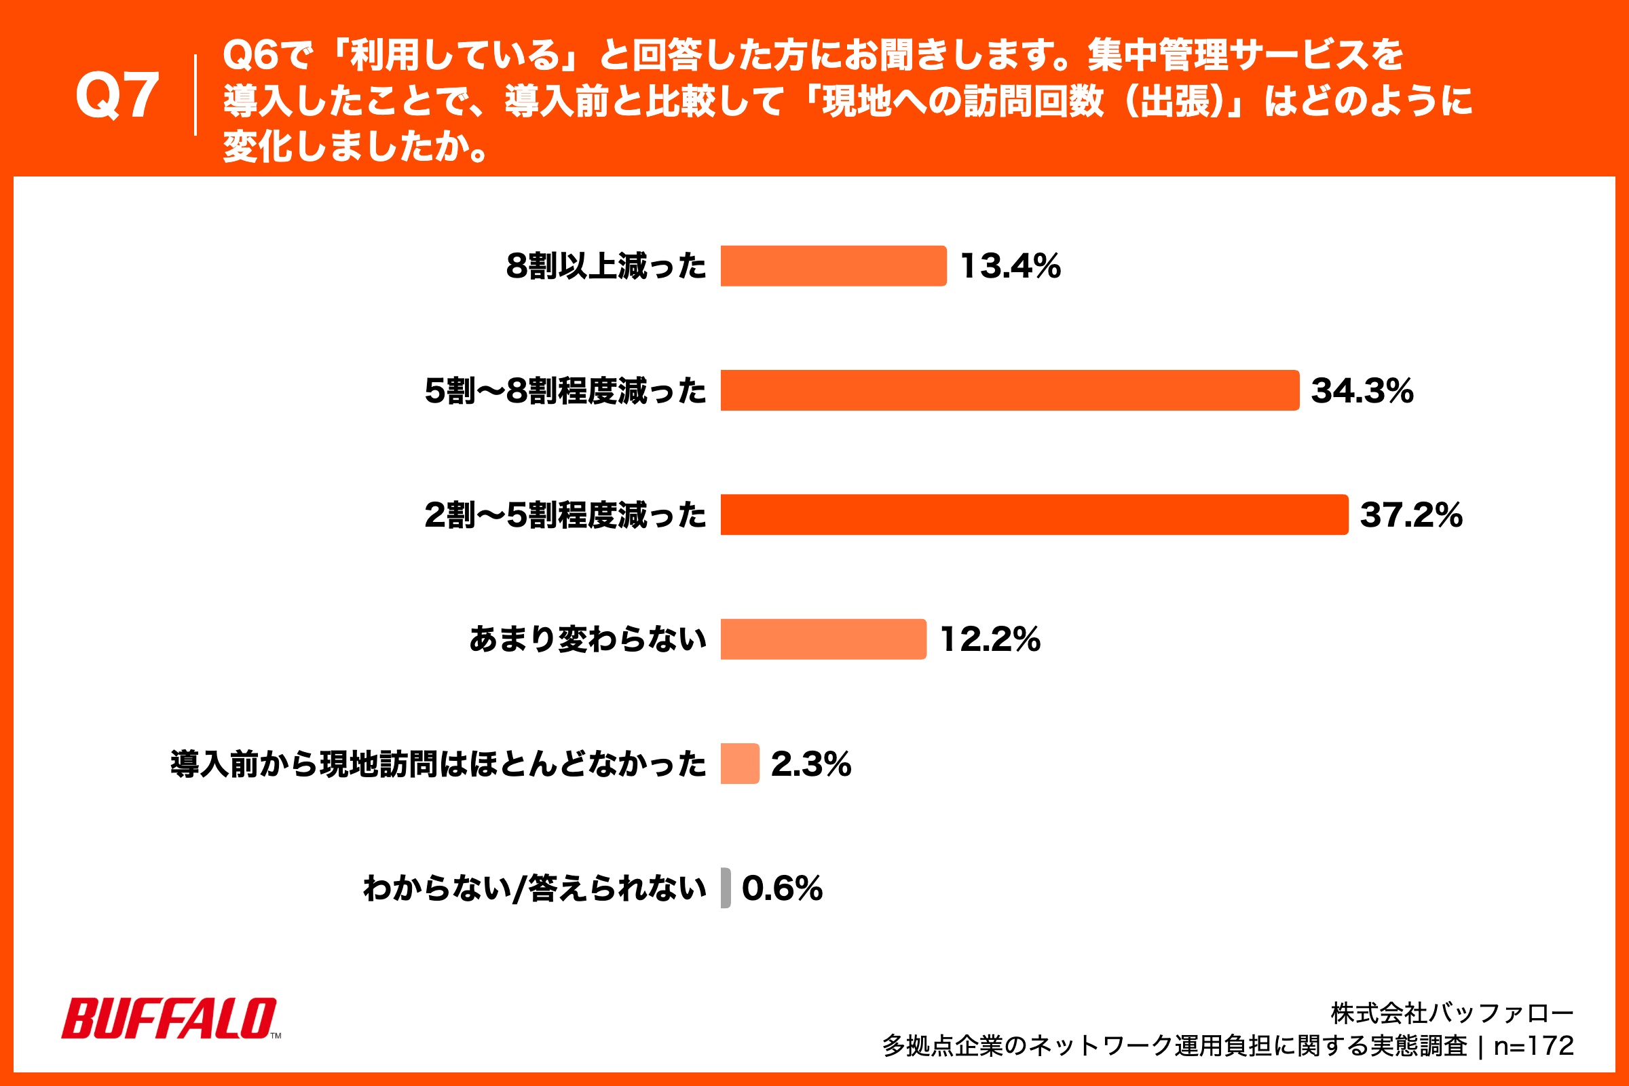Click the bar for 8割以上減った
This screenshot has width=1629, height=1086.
coord(834,266)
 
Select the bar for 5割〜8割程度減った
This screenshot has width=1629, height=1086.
coord(1009,391)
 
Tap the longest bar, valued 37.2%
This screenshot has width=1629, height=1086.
coord(1034,514)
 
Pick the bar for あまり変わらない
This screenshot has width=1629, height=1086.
coord(823,639)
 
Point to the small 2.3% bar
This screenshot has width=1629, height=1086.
coord(740,763)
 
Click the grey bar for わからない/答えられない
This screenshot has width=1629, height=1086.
coord(725,888)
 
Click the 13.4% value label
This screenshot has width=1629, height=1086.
coord(1011,267)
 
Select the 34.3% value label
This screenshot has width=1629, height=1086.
coord(1362,392)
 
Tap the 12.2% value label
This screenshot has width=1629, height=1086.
coord(990,640)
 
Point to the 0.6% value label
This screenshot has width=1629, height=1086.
coord(782,888)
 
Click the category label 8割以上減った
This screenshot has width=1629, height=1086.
coord(606,267)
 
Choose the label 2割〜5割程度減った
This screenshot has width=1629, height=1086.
coord(565,515)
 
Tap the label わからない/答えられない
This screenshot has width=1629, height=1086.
coord(535,888)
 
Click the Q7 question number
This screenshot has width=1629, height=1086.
coord(117,96)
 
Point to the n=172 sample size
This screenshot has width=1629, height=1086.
coord(1534,1046)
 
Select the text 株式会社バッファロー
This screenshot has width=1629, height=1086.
coord(1452,1013)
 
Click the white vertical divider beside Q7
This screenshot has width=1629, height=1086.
coord(195,96)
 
